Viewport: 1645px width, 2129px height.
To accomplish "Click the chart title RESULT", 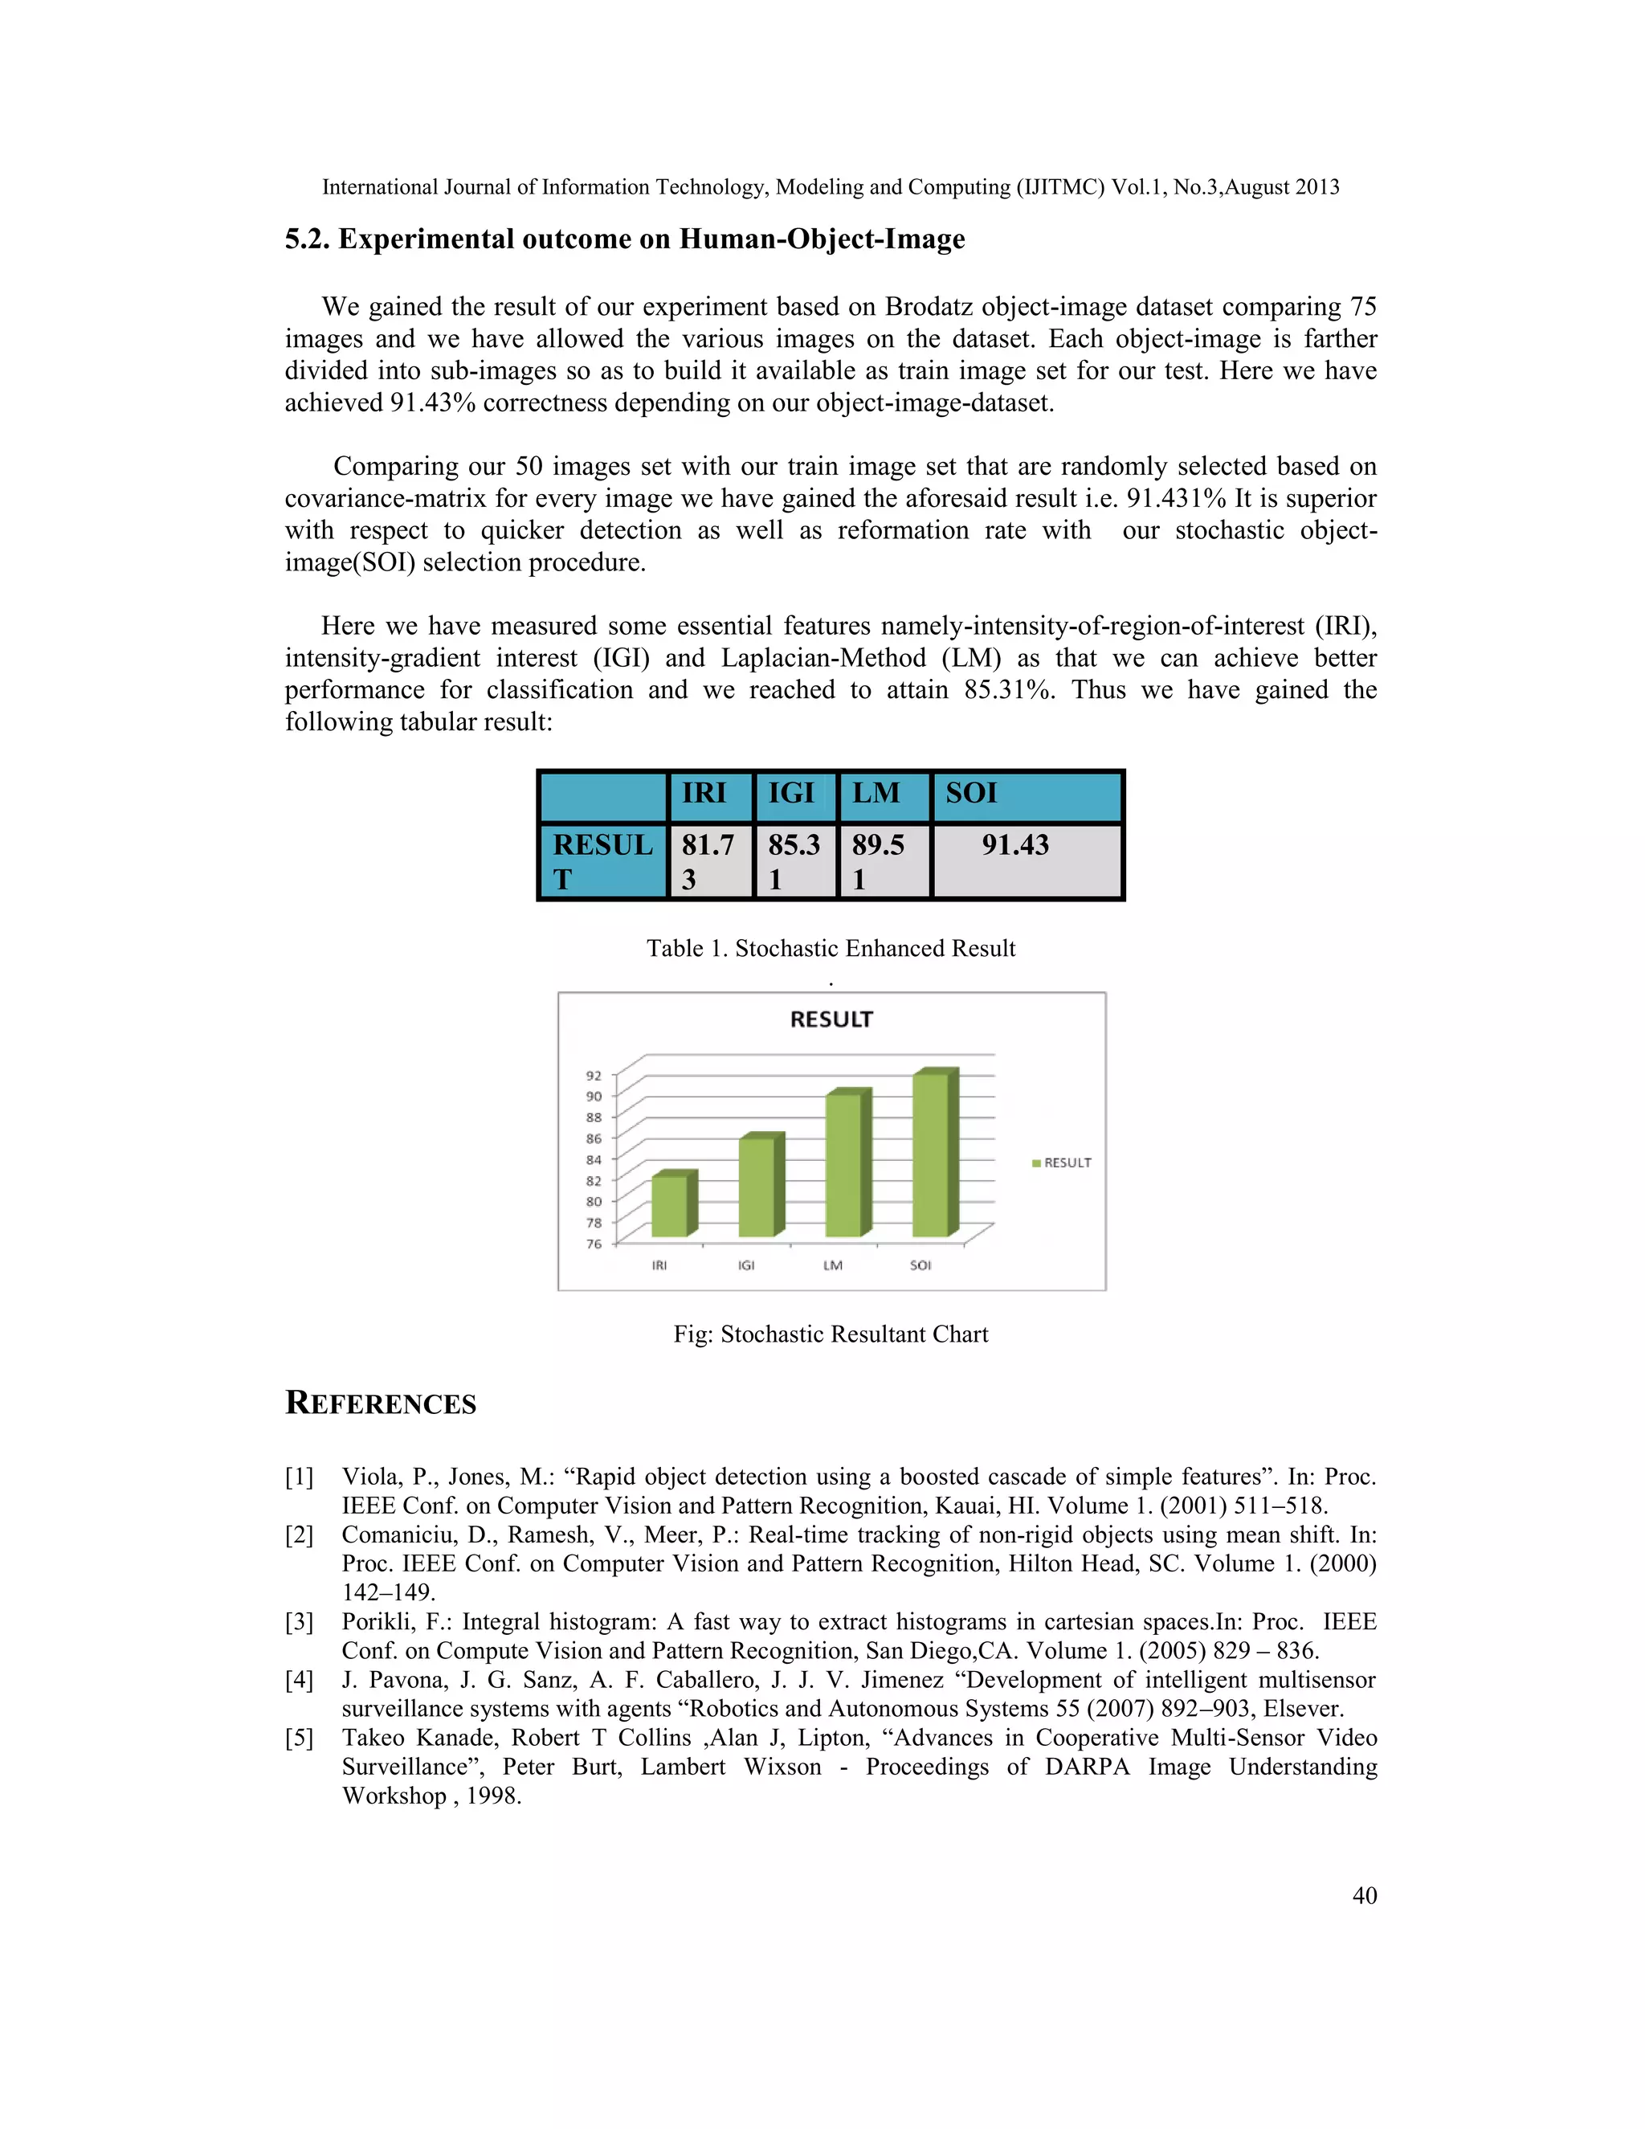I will [x=831, y=1020].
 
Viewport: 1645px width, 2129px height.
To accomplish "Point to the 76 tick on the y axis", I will [x=594, y=1244].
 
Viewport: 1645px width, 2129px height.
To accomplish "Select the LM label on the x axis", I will [x=832, y=1265].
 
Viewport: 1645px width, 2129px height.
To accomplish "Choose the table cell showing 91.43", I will [x=1015, y=845].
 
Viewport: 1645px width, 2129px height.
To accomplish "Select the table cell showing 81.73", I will [x=708, y=860].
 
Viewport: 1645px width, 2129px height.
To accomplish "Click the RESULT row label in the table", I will [x=602, y=860].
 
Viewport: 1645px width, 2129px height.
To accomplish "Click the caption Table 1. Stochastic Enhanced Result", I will [x=831, y=949].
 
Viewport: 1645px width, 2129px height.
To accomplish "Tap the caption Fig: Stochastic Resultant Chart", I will [x=831, y=1334].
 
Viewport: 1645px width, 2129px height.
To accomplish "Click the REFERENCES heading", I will [x=380, y=1404].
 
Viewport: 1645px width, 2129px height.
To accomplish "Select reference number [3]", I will [x=299, y=1622].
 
